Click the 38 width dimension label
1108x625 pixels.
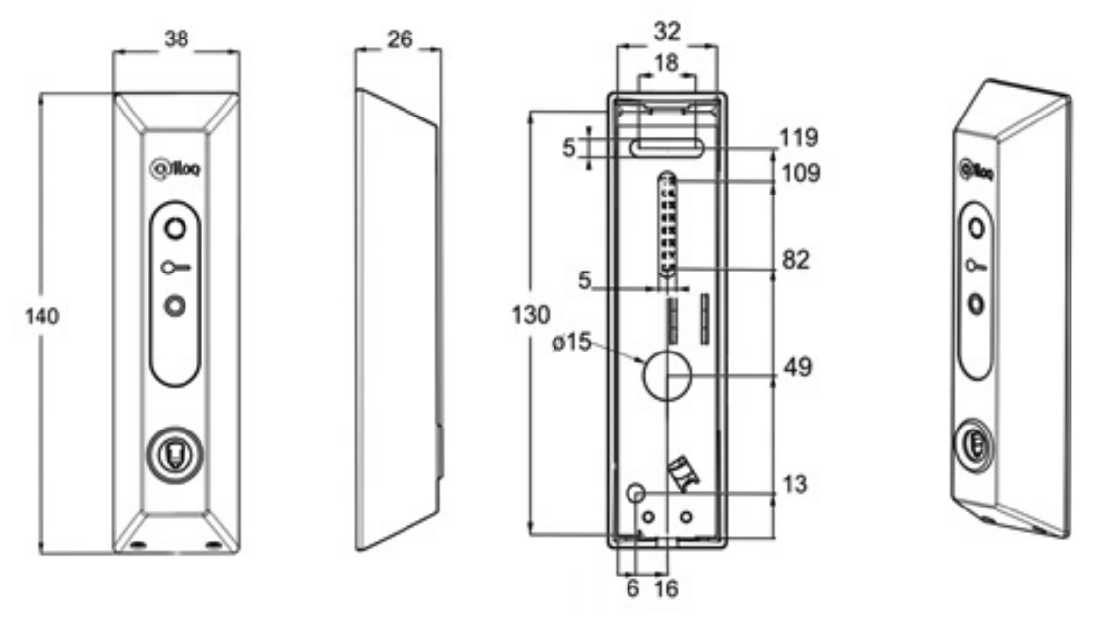[x=176, y=39]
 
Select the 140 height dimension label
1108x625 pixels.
[x=41, y=315]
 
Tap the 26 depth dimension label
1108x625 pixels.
[x=400, y=39]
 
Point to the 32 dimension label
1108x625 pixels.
[x=667, y=31]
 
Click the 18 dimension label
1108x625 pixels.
[x=666, y=63]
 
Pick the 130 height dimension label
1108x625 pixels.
[x=531, y=314]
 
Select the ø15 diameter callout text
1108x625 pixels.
[x=571, y=342]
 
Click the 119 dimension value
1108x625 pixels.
[x=798, y=137]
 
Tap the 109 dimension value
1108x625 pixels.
[x=800, y=172]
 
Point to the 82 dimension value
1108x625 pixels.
[x=795, y=260]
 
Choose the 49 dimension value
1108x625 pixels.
[x=798, y=367]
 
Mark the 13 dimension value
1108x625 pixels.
[x=794, y=484]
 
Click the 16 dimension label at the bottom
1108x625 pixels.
[x=666, y=587]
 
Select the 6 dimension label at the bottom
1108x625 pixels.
[x=633, y=587]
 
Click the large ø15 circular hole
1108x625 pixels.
[x=666, y=375]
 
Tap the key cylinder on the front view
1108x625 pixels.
[x=175, y=452]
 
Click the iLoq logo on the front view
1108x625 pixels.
[x=176, y=169]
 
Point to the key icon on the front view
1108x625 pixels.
[x=176, y=268]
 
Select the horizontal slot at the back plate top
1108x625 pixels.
[x=667, y=147]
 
